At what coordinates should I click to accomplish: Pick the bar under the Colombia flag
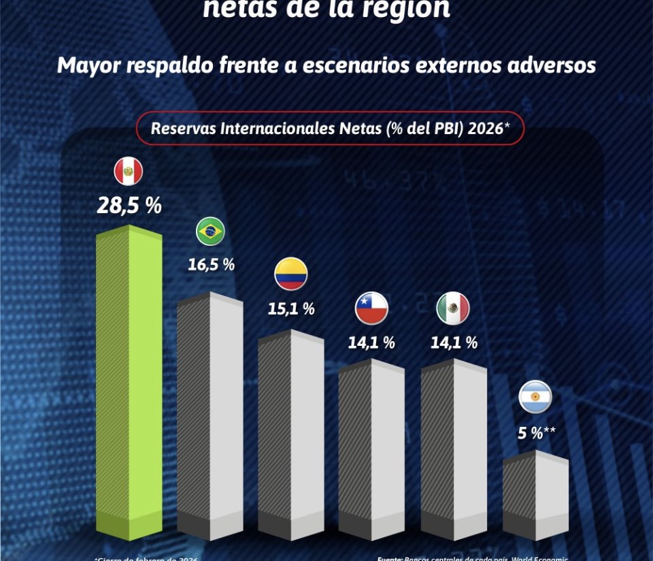pyautogui.click(x=290, y=436)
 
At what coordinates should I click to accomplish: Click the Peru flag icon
pyautogui.click(x=129, y=172)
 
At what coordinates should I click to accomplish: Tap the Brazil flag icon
pyautogui.click(x=210, y=232)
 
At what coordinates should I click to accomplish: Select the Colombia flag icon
pyautogui.click(x=291, y=274)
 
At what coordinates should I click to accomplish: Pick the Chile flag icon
pyautogui.click(x=371, y=308)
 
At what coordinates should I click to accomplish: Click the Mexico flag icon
pyautogui.click(x=453, y=308)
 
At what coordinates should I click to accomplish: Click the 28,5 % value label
pyautogui.click(x=129, y=206)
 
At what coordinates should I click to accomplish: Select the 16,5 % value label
pyautogui.click(x=211, y=265)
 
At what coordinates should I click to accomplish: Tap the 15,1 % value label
pyautogui.click(x=291, y=308)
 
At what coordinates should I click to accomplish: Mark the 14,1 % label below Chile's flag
pyautogui.click(x=371, y=342)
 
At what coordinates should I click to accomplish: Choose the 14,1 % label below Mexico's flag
pyautogui.click(x=454, y=342)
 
